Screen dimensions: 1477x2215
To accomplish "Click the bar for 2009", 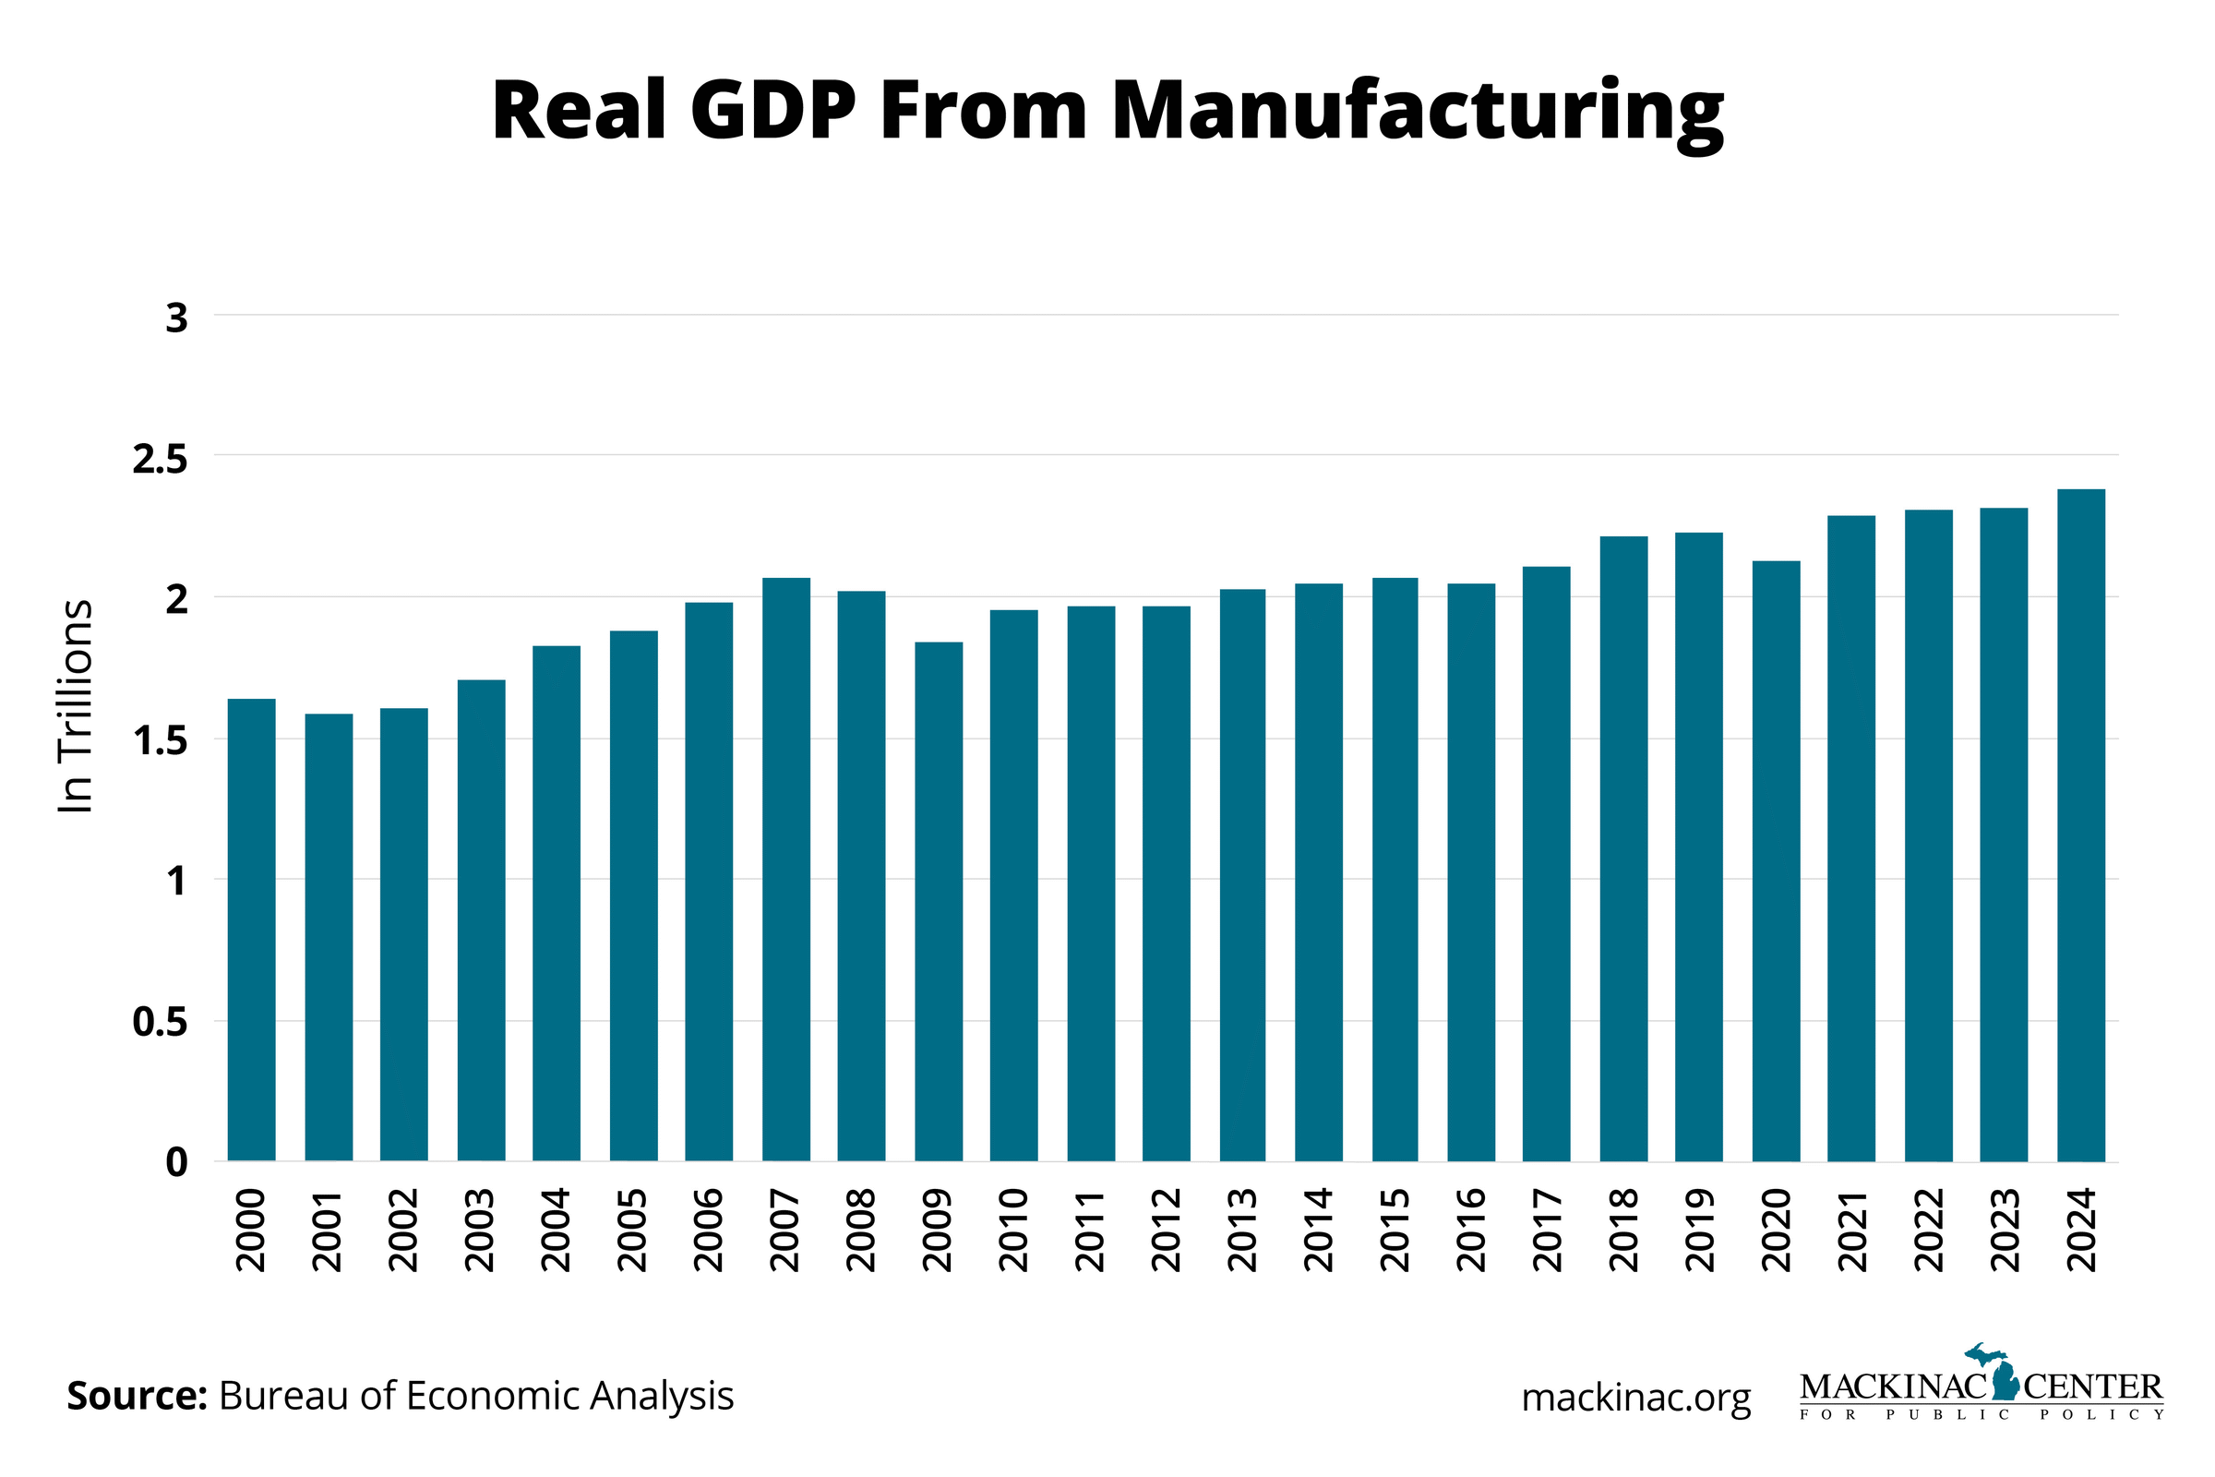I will pyautogui.click(x=938, y=902).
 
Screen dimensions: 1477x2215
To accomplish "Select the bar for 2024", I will pyautogui.click(x=2080, y=825).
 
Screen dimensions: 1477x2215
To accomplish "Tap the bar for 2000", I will pyautogui.click(x=251, y=930).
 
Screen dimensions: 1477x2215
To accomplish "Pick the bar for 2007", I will pyautogui.click(x=785, y=870).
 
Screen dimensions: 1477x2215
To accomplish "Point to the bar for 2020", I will pyautogui.click(x=1775, y=861).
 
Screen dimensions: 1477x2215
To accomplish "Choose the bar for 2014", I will pyautogui.click(x=1319, y=872).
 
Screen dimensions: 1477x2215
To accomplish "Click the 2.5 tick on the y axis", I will pyautogui.click(x=160, y=459).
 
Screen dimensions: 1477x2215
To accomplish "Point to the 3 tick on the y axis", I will pyautogui.click(x=177, y=318).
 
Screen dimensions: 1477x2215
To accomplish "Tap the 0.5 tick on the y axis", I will pyautogui.click(x=160, y=1022).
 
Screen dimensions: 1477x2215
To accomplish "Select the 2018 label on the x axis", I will pyautogui.click(x=1623, y=1231).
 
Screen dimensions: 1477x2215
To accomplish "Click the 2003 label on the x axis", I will pyautogui.click(x=480, y=1231).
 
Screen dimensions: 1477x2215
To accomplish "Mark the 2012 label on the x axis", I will pyautogui.click(x=1166, y=1231).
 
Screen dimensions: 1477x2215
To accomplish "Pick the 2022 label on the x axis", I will pyautogui.click(x=1929, y=1231).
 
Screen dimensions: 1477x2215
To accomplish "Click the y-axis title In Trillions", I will pyautogui.click(x=76, y=705).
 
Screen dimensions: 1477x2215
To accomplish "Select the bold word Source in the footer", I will pyautogui.click(x=137, y=1395).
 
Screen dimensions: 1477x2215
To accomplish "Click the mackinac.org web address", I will pyautogui.click(x=1635, y=1397).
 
